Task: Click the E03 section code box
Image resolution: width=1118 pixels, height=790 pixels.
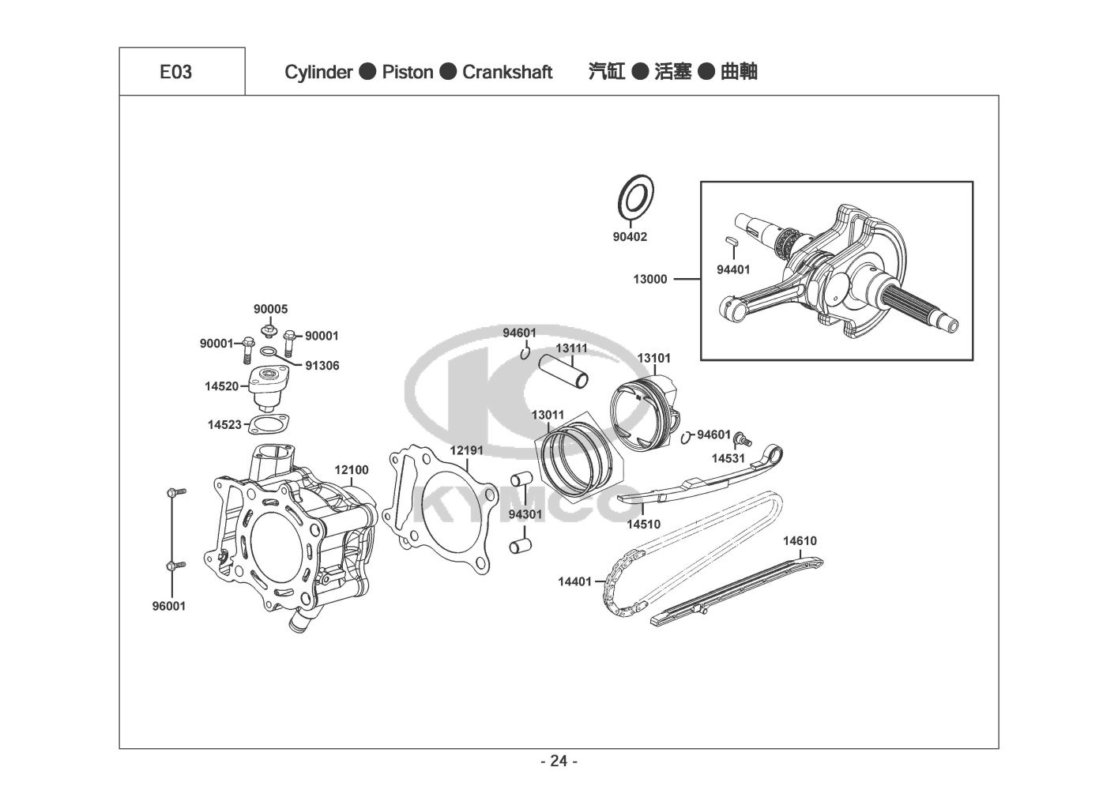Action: (x=183, y=71)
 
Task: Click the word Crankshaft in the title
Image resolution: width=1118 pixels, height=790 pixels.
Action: (x=507, y=73)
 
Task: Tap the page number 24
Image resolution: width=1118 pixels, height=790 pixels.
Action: (x=559, y=762)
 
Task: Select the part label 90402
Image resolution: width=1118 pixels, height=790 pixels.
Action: (x=630, y=237)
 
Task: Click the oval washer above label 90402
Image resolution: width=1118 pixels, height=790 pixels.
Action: (x=636, y=197)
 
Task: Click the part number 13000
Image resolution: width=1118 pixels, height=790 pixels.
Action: (x=649, y=280)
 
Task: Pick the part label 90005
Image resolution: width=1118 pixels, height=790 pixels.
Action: (x=270, y=310)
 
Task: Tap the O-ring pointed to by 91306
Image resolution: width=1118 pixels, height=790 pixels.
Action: (x=269, y=352)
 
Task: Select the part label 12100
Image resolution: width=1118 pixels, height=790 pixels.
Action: (x=352, y=470)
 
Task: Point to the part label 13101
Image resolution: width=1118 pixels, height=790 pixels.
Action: (x=654, y=359)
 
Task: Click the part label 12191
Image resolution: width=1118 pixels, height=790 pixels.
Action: (x=467, y=450)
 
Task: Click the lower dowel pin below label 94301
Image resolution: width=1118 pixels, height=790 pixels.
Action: (x=520, y=546)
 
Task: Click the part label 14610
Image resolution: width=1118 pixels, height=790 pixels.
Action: (x=800, y=541)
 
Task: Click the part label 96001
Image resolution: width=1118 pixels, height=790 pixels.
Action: (x=169, y=607)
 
